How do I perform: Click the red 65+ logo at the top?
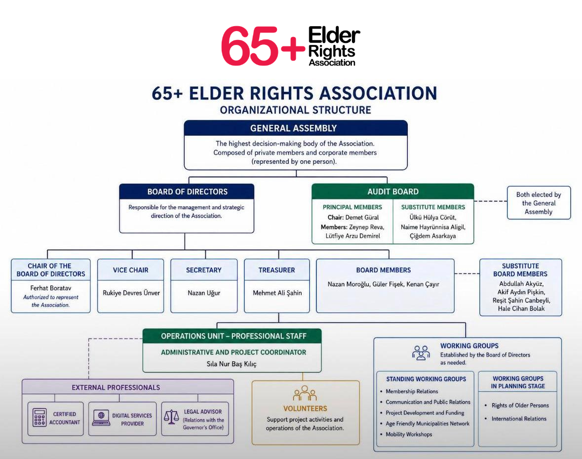(x=263, y=45)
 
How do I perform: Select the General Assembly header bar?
(x=296, y=128)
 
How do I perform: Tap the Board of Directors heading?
(x=188, y=192)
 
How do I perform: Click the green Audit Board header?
(x=393, y=191)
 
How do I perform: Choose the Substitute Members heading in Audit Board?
(x=433, y=207)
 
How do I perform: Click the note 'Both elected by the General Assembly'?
(x=539, y=203)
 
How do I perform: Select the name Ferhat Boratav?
(x=51, y=288)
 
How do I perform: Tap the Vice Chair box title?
(x=131, y=270)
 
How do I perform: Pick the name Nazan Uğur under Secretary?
(x=204, y=293)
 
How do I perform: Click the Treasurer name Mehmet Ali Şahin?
(x=277, y=293)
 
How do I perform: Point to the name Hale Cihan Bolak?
(x=521, y=308)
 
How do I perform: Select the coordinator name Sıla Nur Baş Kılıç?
(x=232, y=364)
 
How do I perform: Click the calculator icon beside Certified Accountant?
(x=39, y=418)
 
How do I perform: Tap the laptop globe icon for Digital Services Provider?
(x=101, y=418)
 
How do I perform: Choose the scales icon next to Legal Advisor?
(x=171, y=417)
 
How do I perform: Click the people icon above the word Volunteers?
(x=305, y=393)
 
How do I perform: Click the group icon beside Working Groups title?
(x=421, y=353)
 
